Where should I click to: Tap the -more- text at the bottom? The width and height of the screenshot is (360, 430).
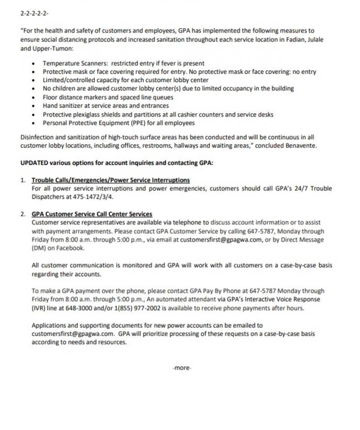coord(182,368)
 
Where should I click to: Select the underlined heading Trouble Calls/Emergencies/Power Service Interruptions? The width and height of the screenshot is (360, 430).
coord(110,181)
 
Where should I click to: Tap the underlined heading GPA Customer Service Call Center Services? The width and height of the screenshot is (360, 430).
coord(92,215)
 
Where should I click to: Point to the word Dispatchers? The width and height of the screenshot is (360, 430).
coord(50,197)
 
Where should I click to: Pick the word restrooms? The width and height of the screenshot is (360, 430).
coord(185,146)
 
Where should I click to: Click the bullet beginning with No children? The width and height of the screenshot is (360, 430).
coord(168,89)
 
